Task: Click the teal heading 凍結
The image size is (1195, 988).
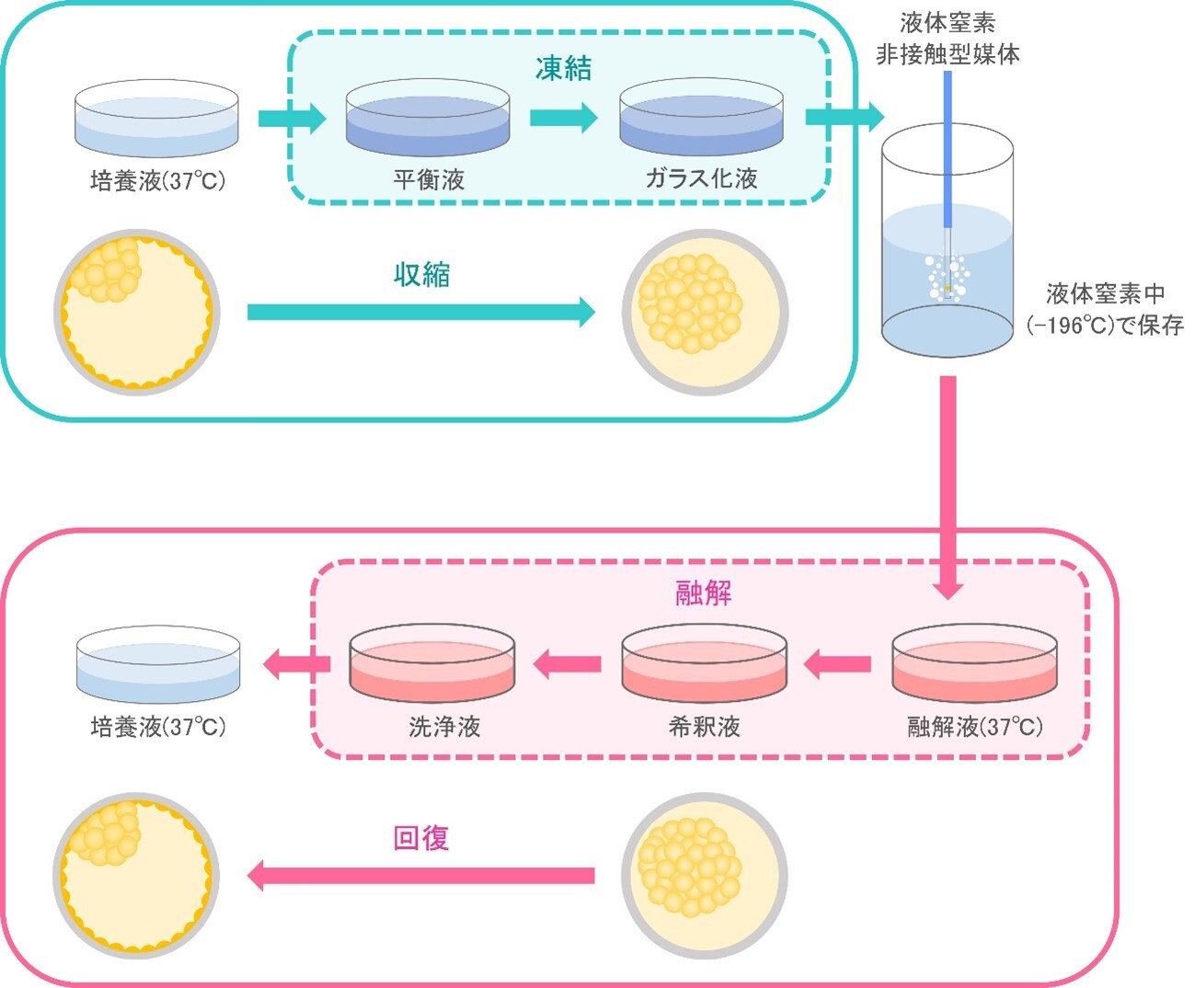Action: coord(563,68)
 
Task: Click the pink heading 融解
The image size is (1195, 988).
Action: coord(704,593)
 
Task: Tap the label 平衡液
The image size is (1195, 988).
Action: coord(429,179)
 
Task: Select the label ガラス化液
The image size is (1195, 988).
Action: coord(701,178)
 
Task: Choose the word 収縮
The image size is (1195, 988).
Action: coord(421,274)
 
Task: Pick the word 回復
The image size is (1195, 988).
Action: coord(420,838)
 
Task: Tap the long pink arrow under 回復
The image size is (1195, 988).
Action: coord(421,875)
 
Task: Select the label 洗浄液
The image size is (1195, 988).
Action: coord(444,727)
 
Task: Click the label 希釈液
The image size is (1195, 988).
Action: coord(704,727)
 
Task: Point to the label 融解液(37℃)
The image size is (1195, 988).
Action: coord(975,727)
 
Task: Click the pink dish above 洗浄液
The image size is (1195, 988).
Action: coord(431,664)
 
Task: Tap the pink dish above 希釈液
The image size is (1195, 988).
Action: coord(704,664)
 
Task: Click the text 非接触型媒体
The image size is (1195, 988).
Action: coord(948,54)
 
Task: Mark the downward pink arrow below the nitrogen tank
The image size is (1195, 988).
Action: coord(948,488)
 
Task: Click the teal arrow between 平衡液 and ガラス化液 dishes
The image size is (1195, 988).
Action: coord(563,118)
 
